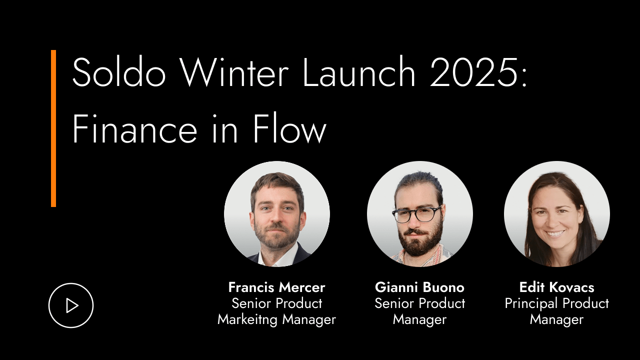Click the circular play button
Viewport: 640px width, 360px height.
click(x=71, y=305)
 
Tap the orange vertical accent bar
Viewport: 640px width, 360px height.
click(x=53, y=128)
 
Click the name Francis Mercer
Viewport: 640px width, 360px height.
click(x=276, y=287)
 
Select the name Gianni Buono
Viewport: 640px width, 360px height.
click(x=419, y=287)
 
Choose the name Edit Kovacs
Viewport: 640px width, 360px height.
click(x=556, y=287)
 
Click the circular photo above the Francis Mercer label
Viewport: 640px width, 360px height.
click(x=276, y=213)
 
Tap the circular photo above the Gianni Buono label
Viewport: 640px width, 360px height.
click(x=419, y=213)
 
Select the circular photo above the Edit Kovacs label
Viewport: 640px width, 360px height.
click(x=556, y=213)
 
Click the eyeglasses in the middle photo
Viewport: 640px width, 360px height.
click(x=416, y=214)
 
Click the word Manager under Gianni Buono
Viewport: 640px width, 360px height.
click(x=419, y=319)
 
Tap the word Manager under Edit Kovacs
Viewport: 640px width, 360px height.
click(x=556, y=319)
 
